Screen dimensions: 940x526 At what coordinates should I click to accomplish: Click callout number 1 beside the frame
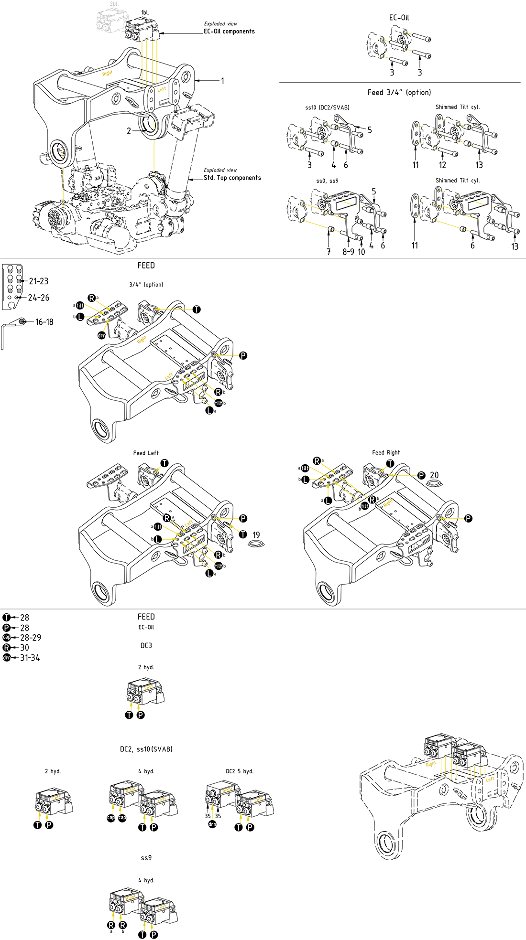click(222, 81)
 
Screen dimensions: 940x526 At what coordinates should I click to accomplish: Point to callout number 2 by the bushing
click(129, 131)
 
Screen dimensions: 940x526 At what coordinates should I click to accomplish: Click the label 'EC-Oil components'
click(229, 32)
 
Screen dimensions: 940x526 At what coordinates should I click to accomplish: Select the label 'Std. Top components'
click(232, 178)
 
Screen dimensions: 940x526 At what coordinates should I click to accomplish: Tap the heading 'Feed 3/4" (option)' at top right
click(399, 92)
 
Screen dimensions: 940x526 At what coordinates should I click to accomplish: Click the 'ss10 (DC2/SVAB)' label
click(327, 107)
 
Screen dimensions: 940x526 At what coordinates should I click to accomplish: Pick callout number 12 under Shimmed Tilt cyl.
click(442, 165)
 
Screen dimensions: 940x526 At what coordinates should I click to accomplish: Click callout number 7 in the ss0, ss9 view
click(329, 252)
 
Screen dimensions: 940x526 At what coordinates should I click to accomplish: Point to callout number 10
click(361, 252)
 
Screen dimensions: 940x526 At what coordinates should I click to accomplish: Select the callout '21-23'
click(39, 281)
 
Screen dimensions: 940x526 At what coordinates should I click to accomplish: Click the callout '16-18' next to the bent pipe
click(44, 322)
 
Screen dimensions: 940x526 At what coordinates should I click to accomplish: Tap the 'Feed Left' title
click(146, 453)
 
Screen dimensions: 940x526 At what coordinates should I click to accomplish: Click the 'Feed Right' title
click(386, 452)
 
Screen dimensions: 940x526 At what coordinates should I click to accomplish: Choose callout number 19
click(256, 535)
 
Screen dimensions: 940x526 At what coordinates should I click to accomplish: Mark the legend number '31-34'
click(30, 658)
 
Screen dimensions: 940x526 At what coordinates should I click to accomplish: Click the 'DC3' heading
click(146, 646)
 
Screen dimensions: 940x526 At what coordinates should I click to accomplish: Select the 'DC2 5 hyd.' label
click(240, 771)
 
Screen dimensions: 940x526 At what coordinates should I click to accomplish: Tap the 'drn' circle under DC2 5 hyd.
click(212, 824)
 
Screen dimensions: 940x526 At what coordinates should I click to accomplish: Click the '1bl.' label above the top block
click(145, 12)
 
